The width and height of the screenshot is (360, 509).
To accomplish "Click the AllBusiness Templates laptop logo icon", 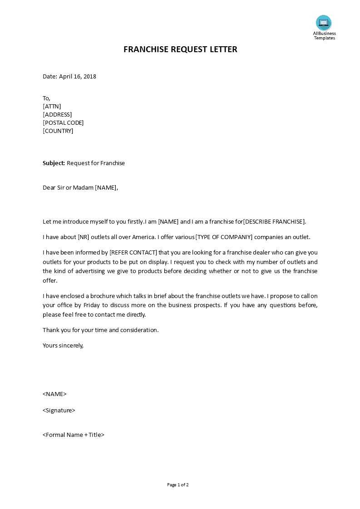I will click(324, 22).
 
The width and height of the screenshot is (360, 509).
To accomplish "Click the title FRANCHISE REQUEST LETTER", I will click(180, 49).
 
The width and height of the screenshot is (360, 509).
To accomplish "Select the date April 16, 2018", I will click(77, 76).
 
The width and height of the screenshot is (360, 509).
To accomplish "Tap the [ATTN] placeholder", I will click(52, 106).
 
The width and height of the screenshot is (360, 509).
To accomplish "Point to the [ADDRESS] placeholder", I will click(57, 114).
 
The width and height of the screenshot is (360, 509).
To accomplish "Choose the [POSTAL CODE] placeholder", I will click(63, 122).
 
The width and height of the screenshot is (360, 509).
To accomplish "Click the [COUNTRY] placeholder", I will click(58, 131).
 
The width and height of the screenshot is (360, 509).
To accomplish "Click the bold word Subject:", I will click(54, 163).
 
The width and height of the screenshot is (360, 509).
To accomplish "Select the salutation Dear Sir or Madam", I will click(68, 187).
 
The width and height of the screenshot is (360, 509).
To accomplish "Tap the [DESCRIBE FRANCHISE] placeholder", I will click(275, 221).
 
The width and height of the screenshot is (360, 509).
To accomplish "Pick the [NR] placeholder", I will click(84, 237).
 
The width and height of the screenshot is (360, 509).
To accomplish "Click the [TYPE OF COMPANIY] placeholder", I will click(223, 237).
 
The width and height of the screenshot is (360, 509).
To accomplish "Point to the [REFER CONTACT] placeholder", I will click(133, 252).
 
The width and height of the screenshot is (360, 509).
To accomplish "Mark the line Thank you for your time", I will click(100, 330).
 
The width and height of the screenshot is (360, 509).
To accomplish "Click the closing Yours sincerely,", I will click(63, 345).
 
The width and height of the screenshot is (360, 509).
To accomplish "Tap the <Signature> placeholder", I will click(59, 410).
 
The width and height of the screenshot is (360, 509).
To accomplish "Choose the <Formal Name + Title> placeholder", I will click(74, 435).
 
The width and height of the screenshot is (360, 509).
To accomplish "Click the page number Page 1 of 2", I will click(178, 485).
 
